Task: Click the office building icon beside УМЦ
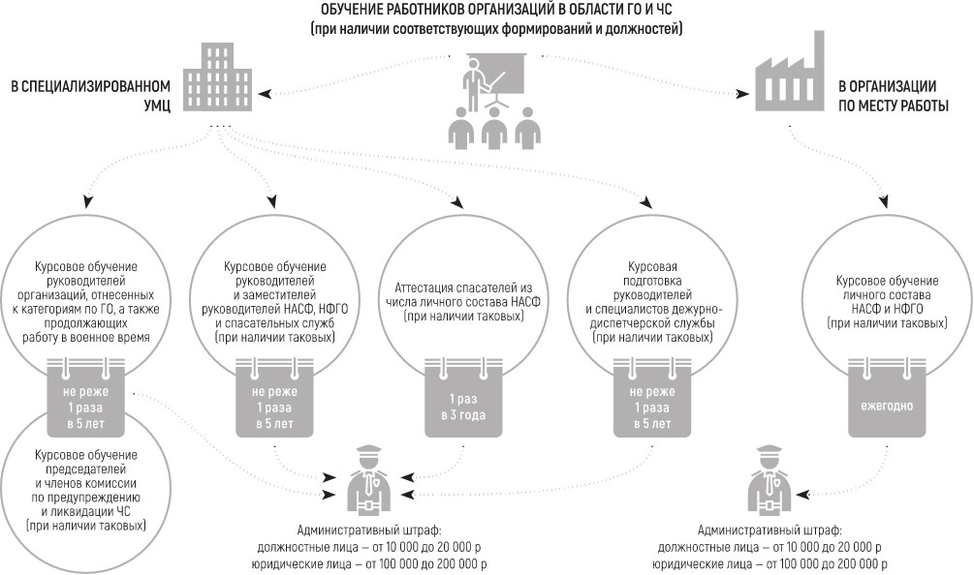tap(218, 76)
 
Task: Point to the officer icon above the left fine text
tap(367, 480)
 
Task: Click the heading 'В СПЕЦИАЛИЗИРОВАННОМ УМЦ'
tap(91, 95)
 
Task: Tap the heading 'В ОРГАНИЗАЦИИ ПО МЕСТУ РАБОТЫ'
tap(894, 96)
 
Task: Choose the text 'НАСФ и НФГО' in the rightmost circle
tap(887, 309)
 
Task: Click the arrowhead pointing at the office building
tap(265, 94)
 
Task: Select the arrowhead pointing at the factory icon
tap(743, 94)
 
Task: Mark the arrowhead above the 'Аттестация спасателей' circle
tap(457, 203)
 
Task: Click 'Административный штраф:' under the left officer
tap(369, 530)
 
